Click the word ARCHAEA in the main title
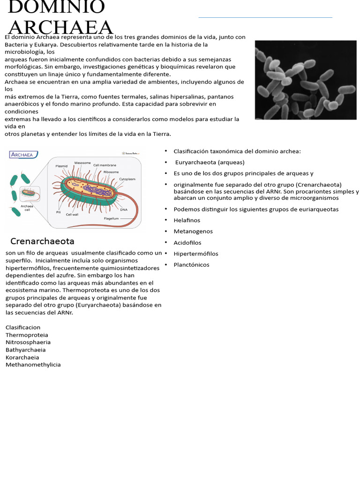coord(61,28)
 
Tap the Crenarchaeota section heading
coord(42,241)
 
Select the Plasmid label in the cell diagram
coord(61,166)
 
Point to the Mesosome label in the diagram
coord(82,163)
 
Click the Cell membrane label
coord(105,165)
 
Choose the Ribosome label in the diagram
coord(111,172)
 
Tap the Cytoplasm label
coord(127,179)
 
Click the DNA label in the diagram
coord(124,210)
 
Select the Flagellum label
coord(111,218)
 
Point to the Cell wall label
coord(72,215)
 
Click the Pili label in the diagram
coord(59,212)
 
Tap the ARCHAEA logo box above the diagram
coord(24,154)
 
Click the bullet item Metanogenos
coord(193,232)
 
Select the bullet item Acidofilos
coord(187,243)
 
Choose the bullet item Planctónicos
coord(191,265)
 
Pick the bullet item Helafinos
coord(187,220)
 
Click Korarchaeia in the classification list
coord(22,357)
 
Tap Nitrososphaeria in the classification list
coord(28,342)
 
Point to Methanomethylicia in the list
coord(33,365)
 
